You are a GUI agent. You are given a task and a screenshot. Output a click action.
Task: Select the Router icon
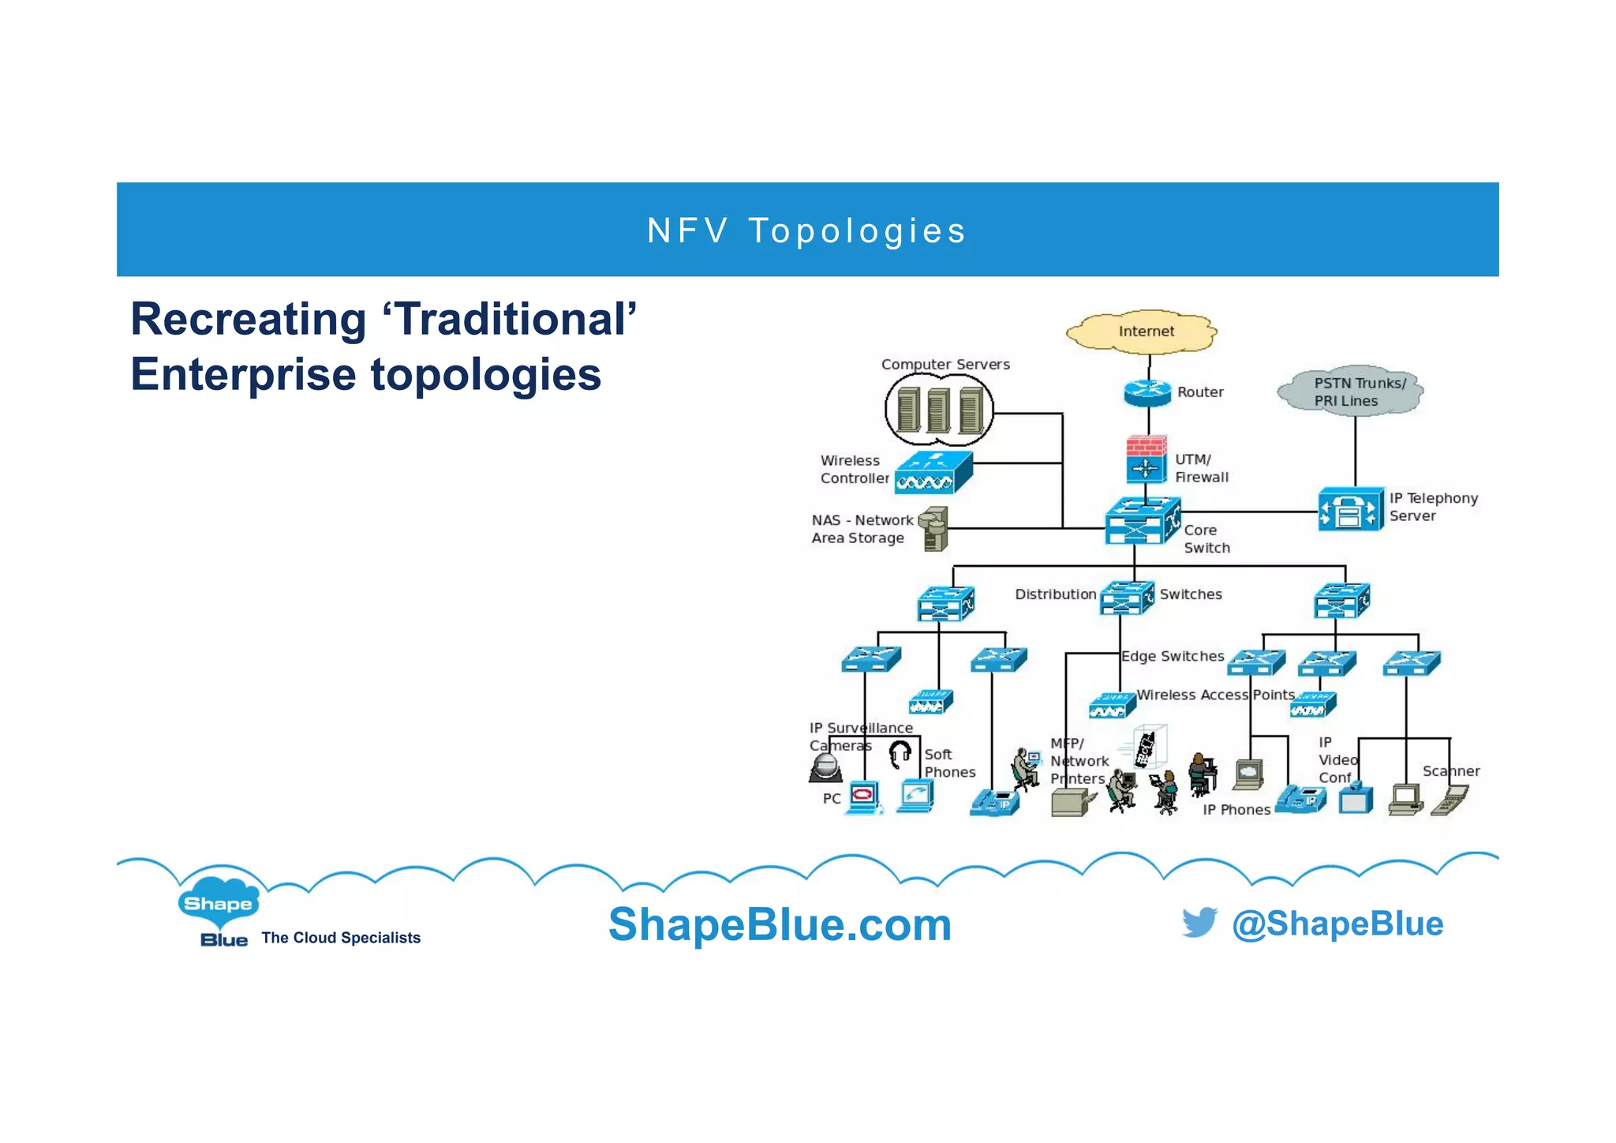pos(1147,392)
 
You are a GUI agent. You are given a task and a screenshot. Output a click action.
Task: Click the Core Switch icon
pos(1142,521)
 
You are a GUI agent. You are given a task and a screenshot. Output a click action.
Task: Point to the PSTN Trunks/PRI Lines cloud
pos(1350,392)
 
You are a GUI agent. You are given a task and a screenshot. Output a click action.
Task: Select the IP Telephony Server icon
pos(1350,510)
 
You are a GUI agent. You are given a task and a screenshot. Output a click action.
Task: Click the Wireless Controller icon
pos(933,473)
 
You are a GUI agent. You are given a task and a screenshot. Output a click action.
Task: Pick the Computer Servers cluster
pos(938,410)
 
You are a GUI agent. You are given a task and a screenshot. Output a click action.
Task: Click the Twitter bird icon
pos(1199,922)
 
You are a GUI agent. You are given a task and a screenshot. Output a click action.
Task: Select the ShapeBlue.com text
pos(780,924)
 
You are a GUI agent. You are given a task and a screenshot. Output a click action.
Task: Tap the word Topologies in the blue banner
pos(857,231)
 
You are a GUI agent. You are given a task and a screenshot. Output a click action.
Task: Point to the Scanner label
pos(1450,771)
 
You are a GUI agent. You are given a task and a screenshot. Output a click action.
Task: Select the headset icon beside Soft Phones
pos(900,754)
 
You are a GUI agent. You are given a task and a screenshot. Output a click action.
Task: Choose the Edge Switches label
pos(1173,656)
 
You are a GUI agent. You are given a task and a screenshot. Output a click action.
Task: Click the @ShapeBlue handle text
pos(1337,924)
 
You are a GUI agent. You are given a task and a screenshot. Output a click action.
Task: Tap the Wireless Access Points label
pos(1215,695)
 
